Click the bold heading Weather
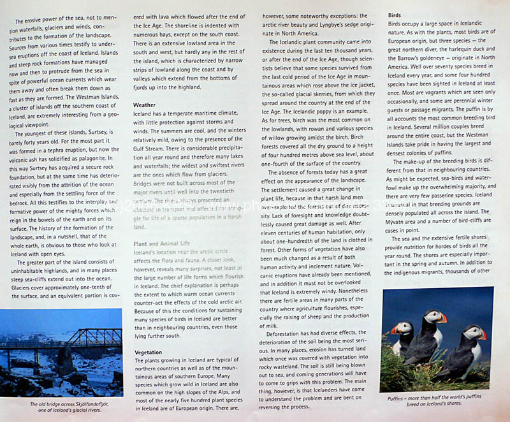pos(144,104)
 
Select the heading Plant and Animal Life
pos(161,244)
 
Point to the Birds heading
pos(395,14)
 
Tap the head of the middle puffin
pos(433,316)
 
